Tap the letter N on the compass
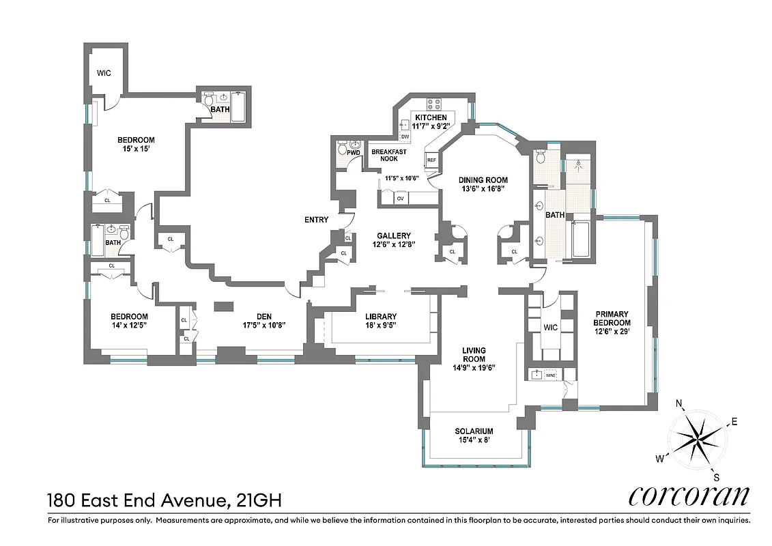pyautogui.click(x=680, y=403)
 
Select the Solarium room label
pyautogui.click(x=474, y=431)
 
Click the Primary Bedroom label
pyautogui.click(x=611, y=319)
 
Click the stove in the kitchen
pyautogui.click(x=434, y=104)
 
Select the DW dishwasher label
pyautogui.click(x=405, y=137)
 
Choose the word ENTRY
pyautogui.click(x=317, y=220)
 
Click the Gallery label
pyautogui.click(x=391, y=234)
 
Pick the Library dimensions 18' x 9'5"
pyautogui.click(x=380, y=326)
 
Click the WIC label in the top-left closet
pyautogui.click(x=104, y=73)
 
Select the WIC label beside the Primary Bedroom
pyautogui.click(x=550, y=327)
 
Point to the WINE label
pyautogui.click(x=550, y=375)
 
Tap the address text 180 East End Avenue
pyautogui.click(x=137, y=501)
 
